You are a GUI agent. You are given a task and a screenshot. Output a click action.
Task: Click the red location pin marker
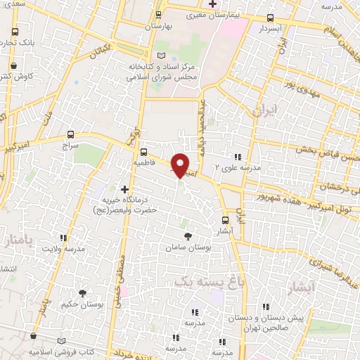coord(181,165)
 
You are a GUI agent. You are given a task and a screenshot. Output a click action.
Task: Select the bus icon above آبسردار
coord(271,18)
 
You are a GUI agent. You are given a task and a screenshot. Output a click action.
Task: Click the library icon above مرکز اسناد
coord(162,56)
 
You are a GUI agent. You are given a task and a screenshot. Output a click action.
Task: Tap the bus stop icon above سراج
coord(70,134)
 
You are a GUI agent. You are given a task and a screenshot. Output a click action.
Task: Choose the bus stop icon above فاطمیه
coord(143,151)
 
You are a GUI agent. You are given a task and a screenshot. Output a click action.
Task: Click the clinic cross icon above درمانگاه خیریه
coord(125,189)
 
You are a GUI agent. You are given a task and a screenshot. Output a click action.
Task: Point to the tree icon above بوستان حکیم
coord(82,293)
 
